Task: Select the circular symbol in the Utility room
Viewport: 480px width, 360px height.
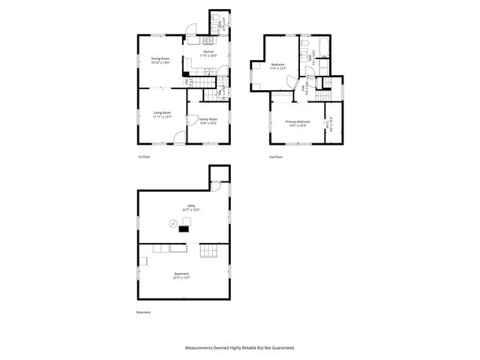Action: point(172,223)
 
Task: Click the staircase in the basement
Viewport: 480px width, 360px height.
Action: point(208,250)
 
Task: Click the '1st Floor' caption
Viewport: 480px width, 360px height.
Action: point(144,157)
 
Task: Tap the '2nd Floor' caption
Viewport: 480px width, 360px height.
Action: point(276,157)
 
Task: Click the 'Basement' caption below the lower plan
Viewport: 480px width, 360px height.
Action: point(143,312)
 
